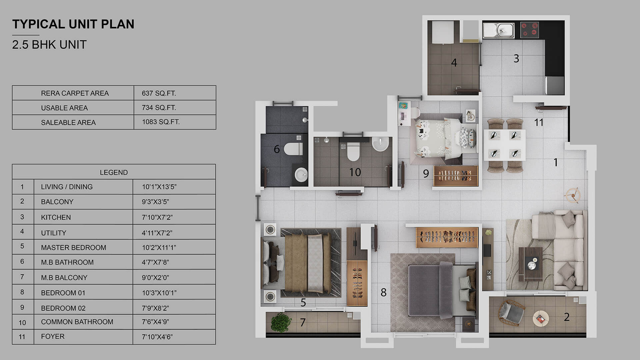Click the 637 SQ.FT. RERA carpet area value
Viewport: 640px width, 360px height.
click(159, 93)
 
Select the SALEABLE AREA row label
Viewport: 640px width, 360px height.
click(68, 122)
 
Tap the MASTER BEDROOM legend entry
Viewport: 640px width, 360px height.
click(73, 247)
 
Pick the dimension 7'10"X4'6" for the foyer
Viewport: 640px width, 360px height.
click(157, 337)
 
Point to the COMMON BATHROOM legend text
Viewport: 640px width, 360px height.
click(77, 322)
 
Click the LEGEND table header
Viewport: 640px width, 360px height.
click(114, 172)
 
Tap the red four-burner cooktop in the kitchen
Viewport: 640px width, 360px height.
click(529, 29)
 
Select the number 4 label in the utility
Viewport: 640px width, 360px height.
click(454, 63)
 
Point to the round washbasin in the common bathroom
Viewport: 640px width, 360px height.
click(381, 144)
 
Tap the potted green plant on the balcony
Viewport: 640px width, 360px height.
click(281, 322)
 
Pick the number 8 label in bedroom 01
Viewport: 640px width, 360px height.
click(384, 292)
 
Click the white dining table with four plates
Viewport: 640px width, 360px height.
click(504, 145)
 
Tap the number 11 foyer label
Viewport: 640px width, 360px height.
click(539, 123)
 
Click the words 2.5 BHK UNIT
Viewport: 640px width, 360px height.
click(49, 45)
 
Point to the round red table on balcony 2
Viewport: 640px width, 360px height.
click(540, 319)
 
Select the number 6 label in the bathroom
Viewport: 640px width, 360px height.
click(277, 149)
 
